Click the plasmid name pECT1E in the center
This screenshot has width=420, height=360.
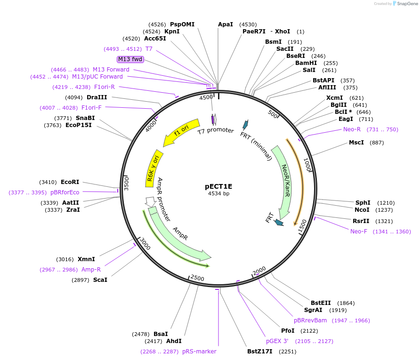coord(218,186)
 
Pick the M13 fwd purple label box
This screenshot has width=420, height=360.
coord(130,59)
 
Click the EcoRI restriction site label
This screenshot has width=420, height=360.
coord(70,182)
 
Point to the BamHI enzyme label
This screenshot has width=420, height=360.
coord(306,63)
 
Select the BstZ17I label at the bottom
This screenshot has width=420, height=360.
coord(260,352)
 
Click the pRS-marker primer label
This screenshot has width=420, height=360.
coord(199,352)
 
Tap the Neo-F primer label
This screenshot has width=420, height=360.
coord(359,231)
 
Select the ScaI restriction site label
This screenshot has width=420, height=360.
coord(100,280)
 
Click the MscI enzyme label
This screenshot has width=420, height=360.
coord(356,143)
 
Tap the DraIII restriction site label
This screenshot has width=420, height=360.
coord(97,97)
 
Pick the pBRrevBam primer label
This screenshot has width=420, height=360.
coord(310,320)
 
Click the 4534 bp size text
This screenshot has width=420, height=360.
coord(218,193)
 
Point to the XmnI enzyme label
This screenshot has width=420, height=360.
coord(86,259)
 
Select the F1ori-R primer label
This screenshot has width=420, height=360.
coord(105,87)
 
